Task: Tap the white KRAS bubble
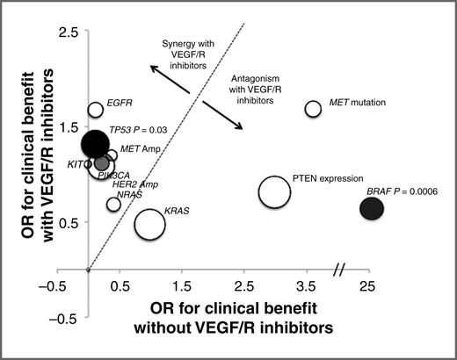tap(150, 223)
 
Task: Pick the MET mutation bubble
tap(313, 109)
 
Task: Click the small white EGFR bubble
tap(96, 110)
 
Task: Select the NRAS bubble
tap(113, 205)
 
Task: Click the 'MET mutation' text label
tap(356, 103)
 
